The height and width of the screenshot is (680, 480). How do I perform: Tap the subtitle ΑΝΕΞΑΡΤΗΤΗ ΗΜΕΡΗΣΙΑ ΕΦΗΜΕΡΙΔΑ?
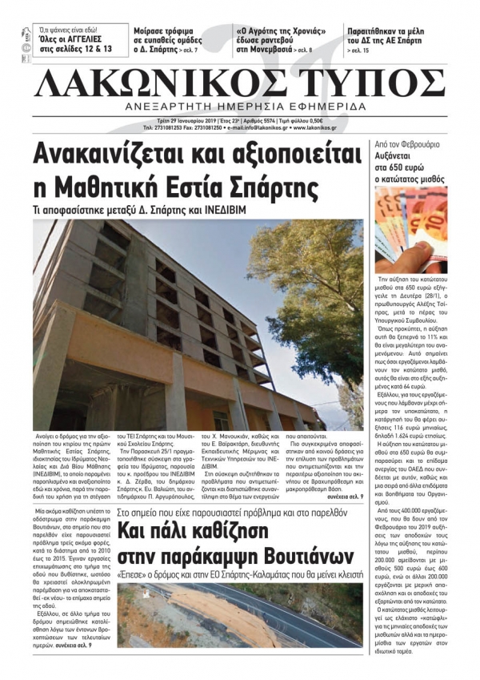coord(240,107)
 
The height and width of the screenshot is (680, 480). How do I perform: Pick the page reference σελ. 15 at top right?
coord(359,50)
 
